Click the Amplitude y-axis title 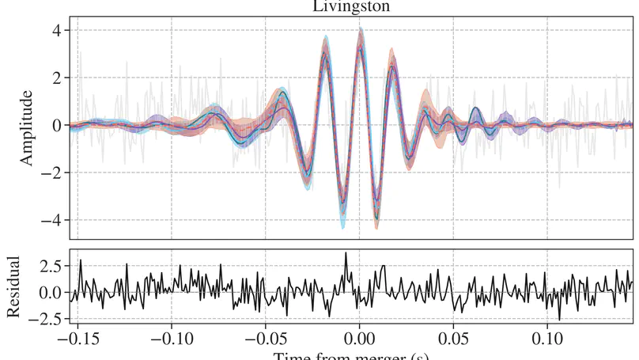[x=26, y=127]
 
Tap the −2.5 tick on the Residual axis [x=45, y=319]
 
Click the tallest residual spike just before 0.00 [x=345, y=254]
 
